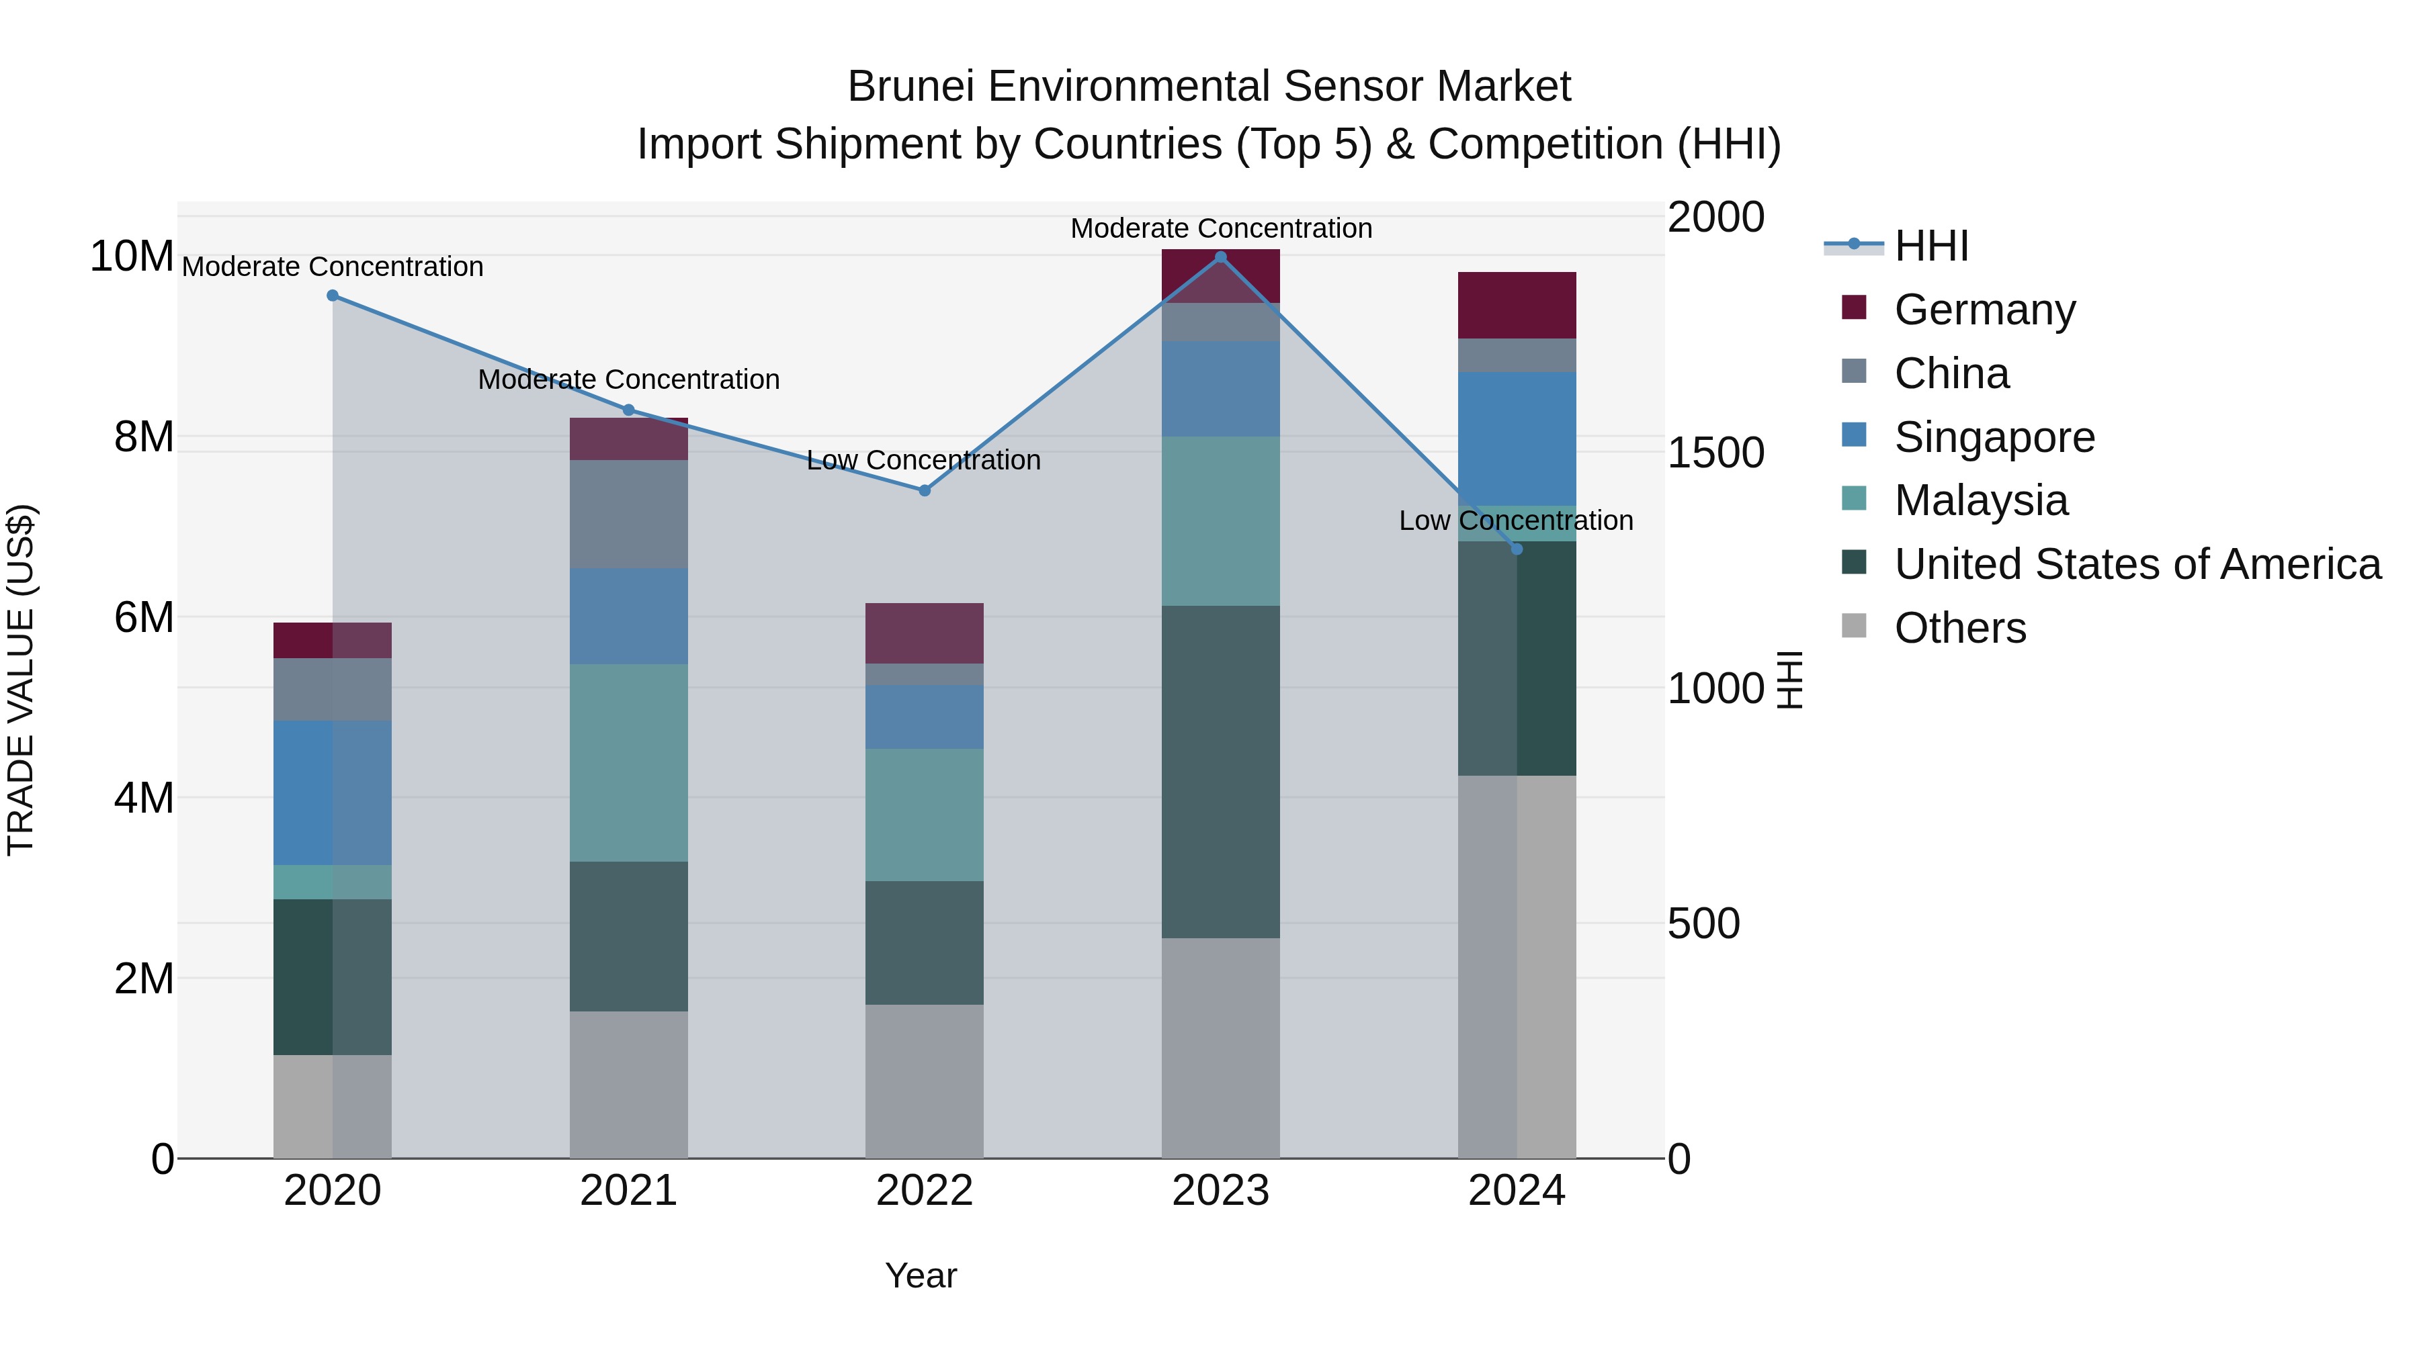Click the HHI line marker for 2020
click(333, 296)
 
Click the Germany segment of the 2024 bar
click(1516, 305)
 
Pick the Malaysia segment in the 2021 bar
click(628, 763)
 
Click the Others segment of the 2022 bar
click(924, 1081)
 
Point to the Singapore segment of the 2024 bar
click(1516, 439)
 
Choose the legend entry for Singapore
click(1994, 437)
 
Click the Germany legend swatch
click(1854, 308)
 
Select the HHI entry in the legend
click(1930, 246)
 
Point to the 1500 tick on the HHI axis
click(1715, 453)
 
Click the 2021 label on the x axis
click(628, 1191)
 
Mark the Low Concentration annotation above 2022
click(924, 461)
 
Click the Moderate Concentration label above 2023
click(1221, 229)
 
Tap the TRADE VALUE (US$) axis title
click(21, 680)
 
